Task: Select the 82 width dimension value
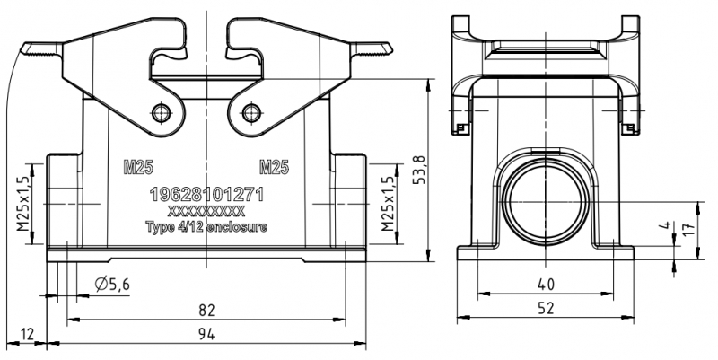pos(207,310)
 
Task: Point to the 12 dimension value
pos(28,335)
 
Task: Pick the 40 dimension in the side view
pos(546,284)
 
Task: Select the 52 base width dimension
pos(546,308)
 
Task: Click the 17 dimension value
pos(689,228)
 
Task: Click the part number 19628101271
pos(207,195)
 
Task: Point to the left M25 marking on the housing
pos(137,167)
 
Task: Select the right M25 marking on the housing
pos(274,167)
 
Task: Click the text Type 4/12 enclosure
pos(206,228)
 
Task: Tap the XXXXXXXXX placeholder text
pos(206,212)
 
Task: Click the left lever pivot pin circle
pos(162,113)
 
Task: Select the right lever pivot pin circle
pos(250,113)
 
